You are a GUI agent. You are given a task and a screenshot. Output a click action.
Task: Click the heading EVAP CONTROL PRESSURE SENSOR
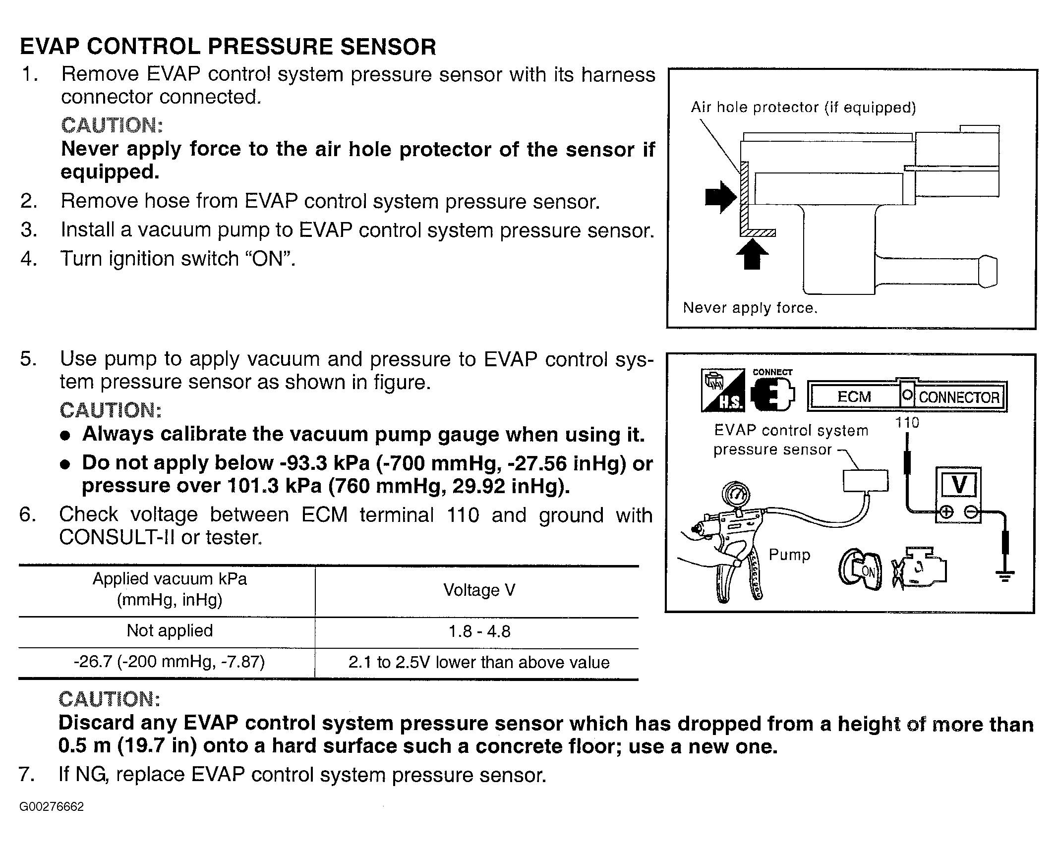pyautogui.click(x=228, y=47)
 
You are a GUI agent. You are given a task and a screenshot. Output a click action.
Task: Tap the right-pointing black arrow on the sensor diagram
pyautogui.click(x=721, y=197)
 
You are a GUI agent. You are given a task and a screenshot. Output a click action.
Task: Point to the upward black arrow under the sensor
pyautogui.click(x=752, y=254)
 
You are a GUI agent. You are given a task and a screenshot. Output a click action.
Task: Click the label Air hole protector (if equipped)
pyautogui.click(x=803, y=108)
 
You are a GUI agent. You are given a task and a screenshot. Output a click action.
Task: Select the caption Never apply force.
pyautogui.click(x=750, y=308)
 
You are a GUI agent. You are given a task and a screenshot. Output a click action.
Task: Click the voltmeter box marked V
pyautogui.click(x=959, y=485)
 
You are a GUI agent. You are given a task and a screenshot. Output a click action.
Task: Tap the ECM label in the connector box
pyautogui.click(x=854, y=397)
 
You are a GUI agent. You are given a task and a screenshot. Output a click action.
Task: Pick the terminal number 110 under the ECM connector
pyautogui.click(x=907, y=423)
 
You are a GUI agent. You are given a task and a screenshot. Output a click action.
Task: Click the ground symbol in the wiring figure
pyautogui.click(x=1005, y=576)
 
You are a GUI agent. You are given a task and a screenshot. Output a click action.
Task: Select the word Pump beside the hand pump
pyautogui.click(x=789, y=555)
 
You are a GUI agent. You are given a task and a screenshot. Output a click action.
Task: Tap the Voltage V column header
pyautogui.click(x=479, y=590)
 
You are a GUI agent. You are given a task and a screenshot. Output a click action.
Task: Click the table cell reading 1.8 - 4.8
pyautogui.click(x=479, y=631)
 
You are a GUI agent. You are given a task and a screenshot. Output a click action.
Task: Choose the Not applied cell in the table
pyautogui.click(x=170, y=630)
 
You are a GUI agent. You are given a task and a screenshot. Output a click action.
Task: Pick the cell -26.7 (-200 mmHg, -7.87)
pyautogui.click(x=169, y=662)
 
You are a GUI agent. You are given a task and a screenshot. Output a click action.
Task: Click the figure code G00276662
pyautogui.click(x=52, y=807)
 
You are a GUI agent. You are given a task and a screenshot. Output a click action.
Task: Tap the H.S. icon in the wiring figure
pyautogui.click(x=723, y=390)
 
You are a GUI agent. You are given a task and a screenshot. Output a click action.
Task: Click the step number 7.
pyautogui.click(x=26, y=775)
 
